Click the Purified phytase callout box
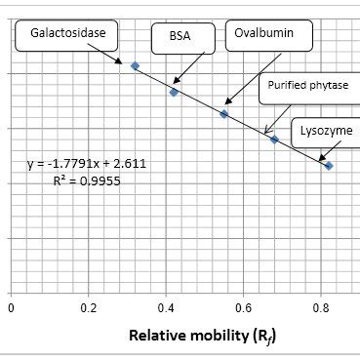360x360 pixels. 307,85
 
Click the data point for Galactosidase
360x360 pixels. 135,65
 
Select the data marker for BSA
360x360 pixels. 174,92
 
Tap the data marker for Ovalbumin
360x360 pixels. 224,114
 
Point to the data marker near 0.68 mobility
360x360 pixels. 274,140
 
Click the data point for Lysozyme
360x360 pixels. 329,166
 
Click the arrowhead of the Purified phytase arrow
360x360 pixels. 266,134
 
